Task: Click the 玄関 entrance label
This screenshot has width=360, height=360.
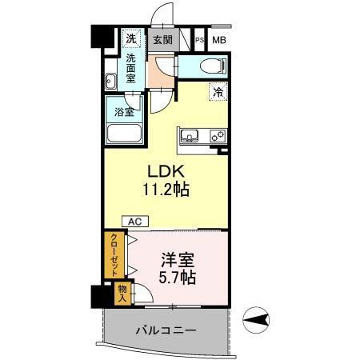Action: click(162, 38)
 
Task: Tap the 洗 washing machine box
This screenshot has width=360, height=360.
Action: click(130, 38)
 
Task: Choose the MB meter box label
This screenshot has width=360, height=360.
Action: click(218, 39)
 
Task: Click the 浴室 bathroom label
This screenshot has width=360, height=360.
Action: click(123, 111)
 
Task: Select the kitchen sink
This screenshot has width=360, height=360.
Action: click(190, 136)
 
